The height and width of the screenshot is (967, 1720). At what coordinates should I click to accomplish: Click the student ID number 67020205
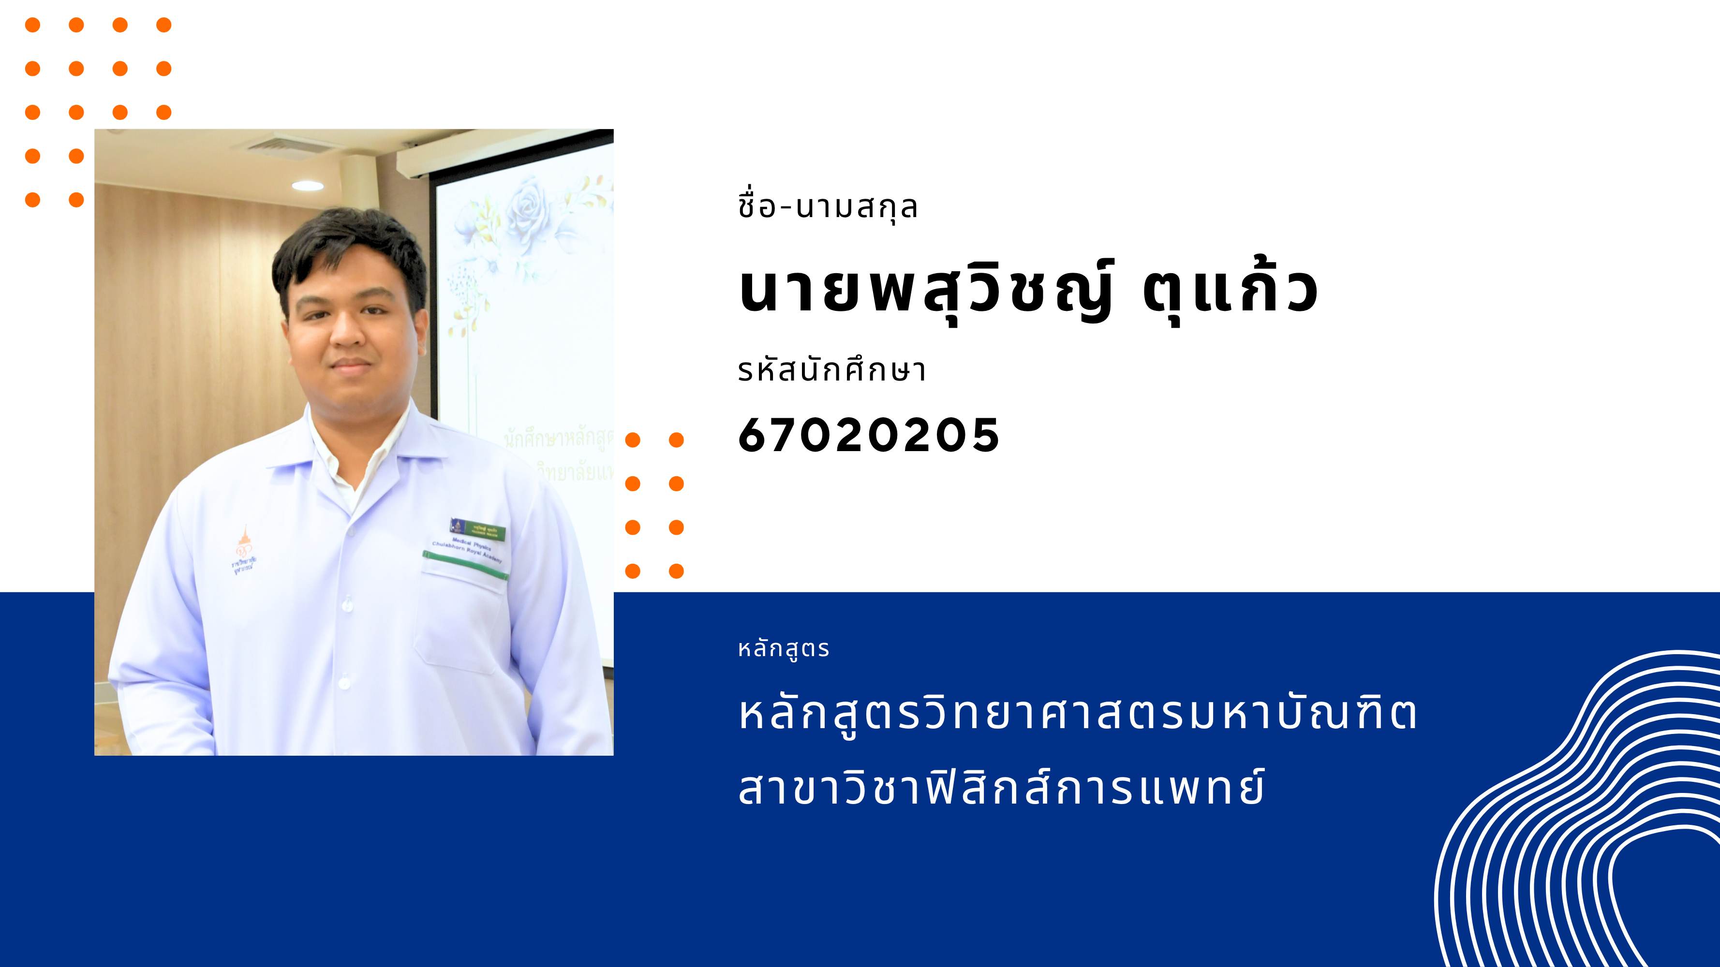tap(868, 435)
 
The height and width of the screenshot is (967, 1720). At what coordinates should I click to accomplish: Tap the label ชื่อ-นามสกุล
tap(828, 206)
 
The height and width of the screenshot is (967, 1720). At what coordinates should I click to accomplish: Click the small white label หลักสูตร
tap(783, 649)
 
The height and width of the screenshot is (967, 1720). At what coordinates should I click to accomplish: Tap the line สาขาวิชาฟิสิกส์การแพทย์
tap(1002, 788)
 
